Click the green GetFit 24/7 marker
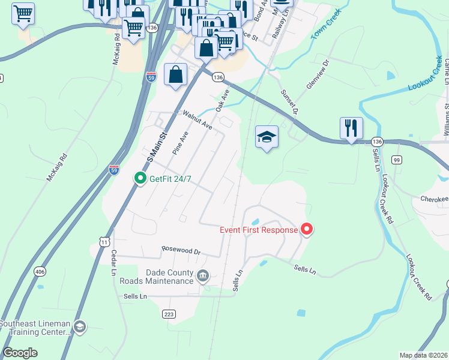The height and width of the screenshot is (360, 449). pyautogui.click(x=140, y=178)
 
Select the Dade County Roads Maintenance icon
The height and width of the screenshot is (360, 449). pyautogui.click(x=203, y=276)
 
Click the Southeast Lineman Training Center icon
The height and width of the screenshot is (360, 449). pyautogui.click(x=80, y=327)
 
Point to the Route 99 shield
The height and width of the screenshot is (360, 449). pyautogui.click(x=396, y=160)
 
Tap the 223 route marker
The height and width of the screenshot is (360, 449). pyautogui.click(x=169, y=314)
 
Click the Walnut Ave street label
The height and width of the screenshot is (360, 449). pyautogui.click(x=197, y=120)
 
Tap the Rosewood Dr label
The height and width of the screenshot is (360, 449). pyautogui.click(x=181, y=250)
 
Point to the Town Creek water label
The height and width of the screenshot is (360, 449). pyautogui.click(x=326, y=25)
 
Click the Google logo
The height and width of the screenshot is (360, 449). pyautogui.click(x=20, y=352)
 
